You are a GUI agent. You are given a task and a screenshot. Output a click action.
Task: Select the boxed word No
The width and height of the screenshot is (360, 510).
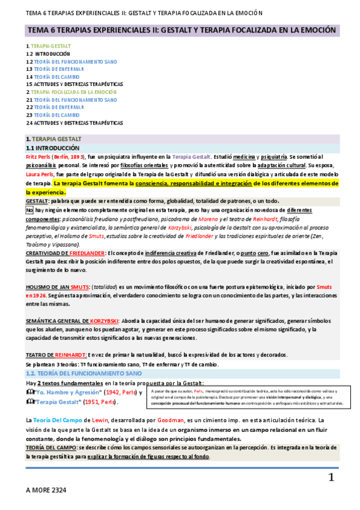29,210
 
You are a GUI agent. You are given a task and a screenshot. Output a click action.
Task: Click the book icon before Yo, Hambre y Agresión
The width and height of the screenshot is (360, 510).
31,392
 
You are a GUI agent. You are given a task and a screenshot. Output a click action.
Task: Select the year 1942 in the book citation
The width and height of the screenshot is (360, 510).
115,392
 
